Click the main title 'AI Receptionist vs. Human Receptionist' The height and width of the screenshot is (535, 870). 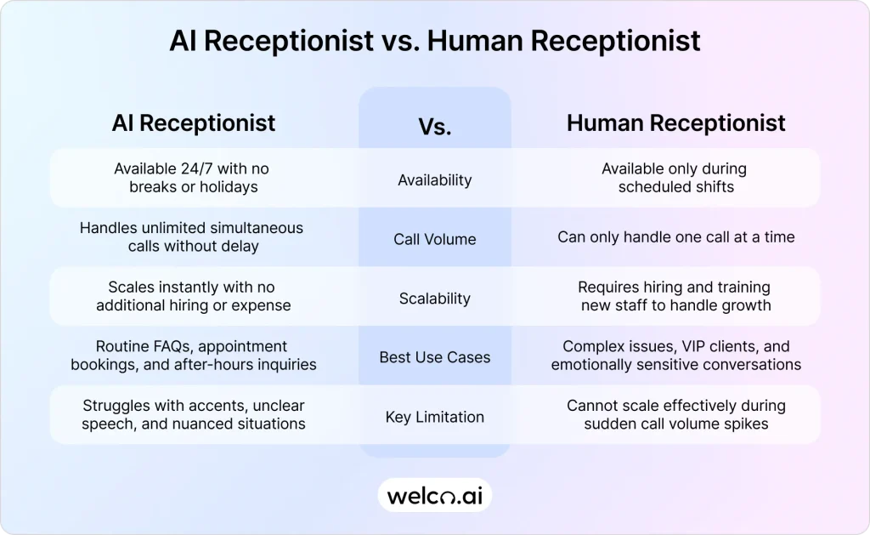(434, 41)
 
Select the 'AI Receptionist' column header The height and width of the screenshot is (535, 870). (194, 122)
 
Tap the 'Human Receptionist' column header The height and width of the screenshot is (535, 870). (675, 122)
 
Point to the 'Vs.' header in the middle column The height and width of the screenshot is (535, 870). (434, 128)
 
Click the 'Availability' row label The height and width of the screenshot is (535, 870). (434, 179)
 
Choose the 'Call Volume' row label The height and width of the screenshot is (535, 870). (434, 239)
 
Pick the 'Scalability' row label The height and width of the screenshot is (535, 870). (434, 299)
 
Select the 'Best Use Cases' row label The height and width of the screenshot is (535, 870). (434, 357)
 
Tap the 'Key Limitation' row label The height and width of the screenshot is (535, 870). (434, 417)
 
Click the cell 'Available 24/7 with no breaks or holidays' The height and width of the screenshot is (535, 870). (192, 178)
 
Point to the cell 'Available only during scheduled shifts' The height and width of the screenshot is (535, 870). (675, 178)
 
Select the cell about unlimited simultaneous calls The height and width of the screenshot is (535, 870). (192, 237)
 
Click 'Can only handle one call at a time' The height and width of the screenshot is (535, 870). (675, 237)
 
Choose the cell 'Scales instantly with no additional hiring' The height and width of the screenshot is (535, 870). (192, 296)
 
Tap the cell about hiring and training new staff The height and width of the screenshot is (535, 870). (675, 296)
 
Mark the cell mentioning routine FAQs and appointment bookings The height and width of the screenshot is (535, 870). (192, 356)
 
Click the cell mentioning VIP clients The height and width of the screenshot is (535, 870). (675, 356)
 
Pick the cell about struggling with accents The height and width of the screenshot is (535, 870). (192, 414)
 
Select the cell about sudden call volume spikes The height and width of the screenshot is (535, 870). (675, 414)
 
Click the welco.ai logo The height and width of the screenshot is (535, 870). (434, 495)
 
